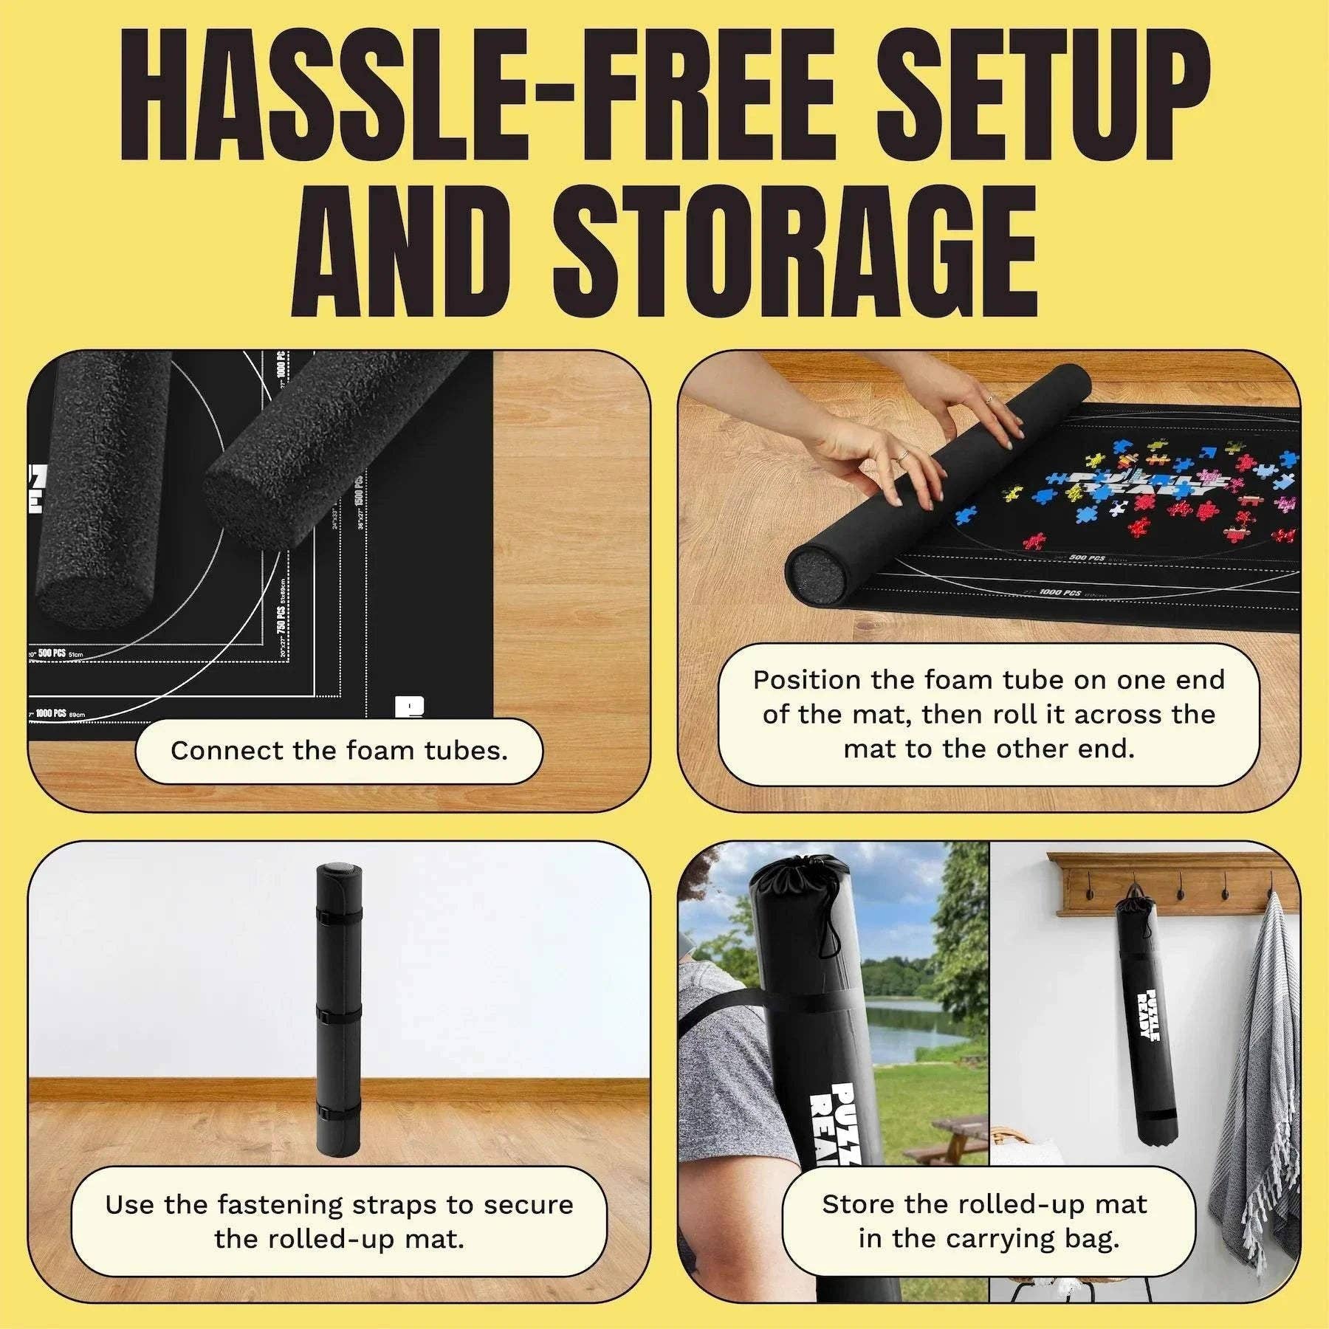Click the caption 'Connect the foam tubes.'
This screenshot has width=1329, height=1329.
[339, 751]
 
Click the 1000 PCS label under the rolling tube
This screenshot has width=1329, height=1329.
[1062, 592]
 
